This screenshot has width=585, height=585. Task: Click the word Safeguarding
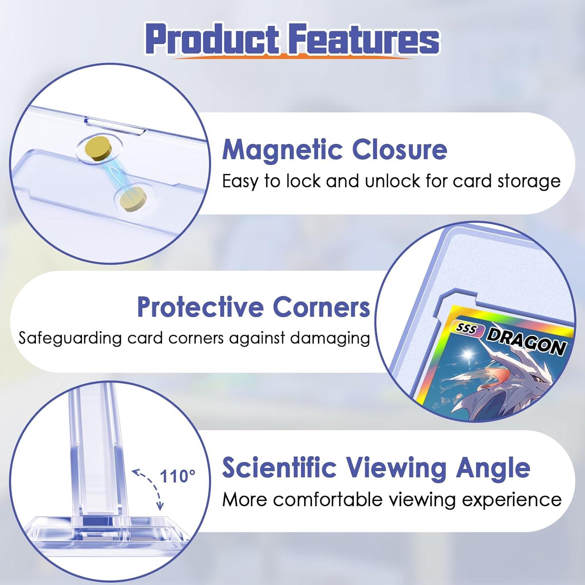click(70, 338)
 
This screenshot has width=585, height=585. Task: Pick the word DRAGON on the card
click(526, 341)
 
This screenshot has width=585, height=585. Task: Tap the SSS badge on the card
click(466, 329)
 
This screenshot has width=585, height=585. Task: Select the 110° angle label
click(177, 476)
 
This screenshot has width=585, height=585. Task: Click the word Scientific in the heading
click(279, 468)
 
